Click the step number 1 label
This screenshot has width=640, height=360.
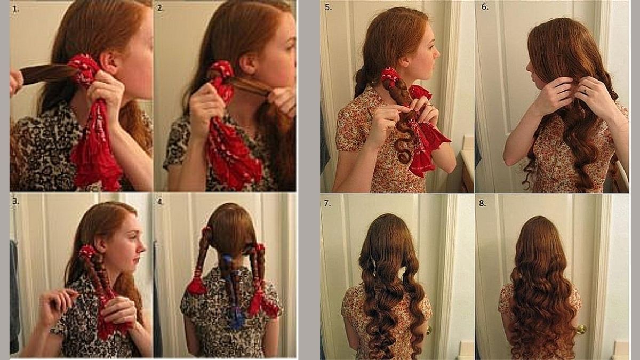coord(15,9)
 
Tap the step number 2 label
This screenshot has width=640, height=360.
coord(161,9)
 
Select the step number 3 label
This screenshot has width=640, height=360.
coord(15,201)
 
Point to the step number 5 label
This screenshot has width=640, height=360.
coord(329,7)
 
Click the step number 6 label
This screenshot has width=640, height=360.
coord(485,7)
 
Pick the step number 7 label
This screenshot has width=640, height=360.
coord(327,203)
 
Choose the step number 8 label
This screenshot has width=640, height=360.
coord(482,203)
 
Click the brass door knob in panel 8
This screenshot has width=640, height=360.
coord(581,330)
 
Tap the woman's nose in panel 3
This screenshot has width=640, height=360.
coord(142,248)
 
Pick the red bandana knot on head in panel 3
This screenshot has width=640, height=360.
coord(86,251)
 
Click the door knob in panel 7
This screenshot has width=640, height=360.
coord(429,331)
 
